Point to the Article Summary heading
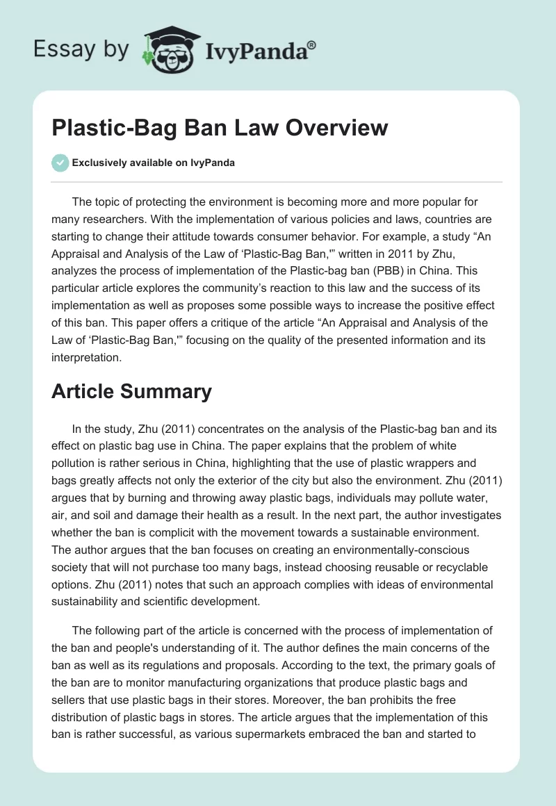131,391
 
